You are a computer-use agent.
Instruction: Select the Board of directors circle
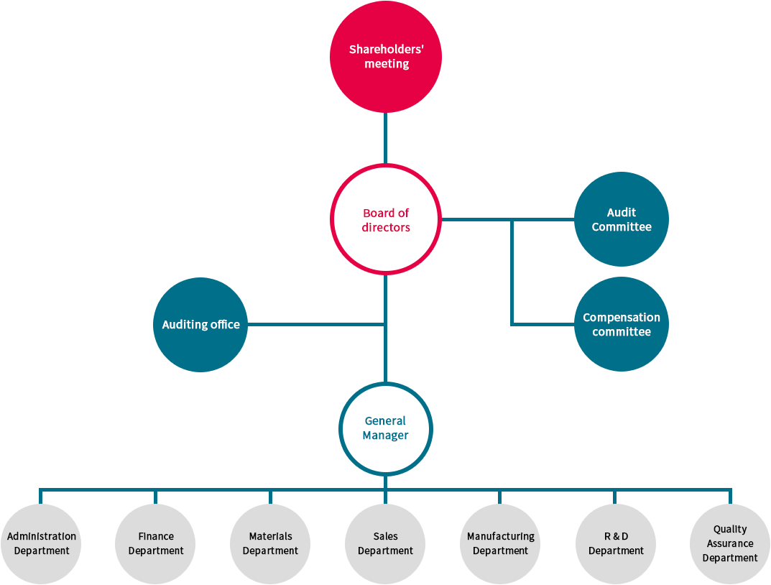[x=385, y=219]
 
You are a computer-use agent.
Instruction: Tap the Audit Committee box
[x=618, y=219]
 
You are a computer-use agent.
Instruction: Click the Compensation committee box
[x=618, y=324]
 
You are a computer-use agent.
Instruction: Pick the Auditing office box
[x=198, y=324]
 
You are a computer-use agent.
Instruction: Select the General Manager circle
[x=385, y=428]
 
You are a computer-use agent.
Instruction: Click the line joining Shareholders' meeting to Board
[x=385, y=138]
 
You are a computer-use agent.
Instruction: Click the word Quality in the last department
[x=730, y=530]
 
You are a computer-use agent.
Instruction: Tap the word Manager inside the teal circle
[x=385, y=436]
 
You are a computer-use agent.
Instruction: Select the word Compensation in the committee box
[x=621, y=317]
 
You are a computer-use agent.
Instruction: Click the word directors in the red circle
[x=386, y=227]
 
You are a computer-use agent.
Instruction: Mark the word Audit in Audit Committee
[x=621, y=212]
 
